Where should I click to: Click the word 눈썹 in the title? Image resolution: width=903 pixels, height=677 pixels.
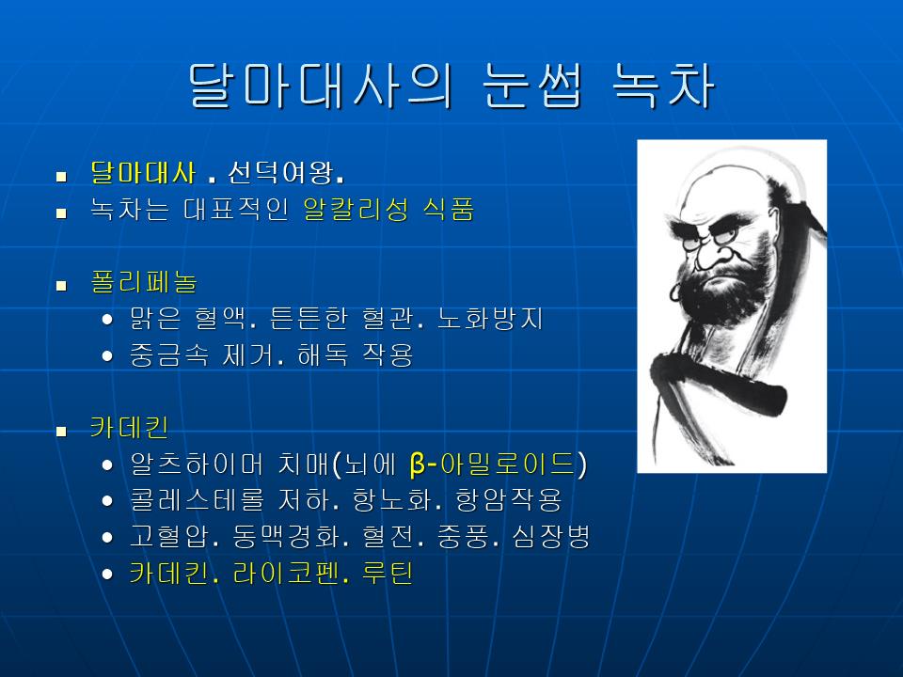point(532,86)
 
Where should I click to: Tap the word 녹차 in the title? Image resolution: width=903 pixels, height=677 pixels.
point(663,86)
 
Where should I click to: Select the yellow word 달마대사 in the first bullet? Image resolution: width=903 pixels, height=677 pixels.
point(143,172)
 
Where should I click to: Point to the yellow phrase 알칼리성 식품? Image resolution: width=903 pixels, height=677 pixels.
point(388,209)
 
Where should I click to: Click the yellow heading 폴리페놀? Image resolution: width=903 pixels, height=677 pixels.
point(144,281)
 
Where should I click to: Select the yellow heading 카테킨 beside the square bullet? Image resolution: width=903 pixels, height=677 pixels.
point(130,427)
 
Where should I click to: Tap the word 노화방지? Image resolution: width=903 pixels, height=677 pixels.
point(490,319)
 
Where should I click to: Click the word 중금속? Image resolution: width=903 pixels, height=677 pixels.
point(169,354)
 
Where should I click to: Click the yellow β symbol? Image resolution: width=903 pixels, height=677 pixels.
point(418,464)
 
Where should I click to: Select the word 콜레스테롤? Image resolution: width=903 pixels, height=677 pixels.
point(197,499)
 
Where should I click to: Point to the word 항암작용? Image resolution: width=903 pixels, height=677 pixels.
point(508,499)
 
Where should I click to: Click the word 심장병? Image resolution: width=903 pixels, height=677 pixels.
point(551,537)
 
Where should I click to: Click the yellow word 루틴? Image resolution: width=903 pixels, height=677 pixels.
point(388,574)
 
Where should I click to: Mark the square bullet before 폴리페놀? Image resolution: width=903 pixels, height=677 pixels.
point(62,285)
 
